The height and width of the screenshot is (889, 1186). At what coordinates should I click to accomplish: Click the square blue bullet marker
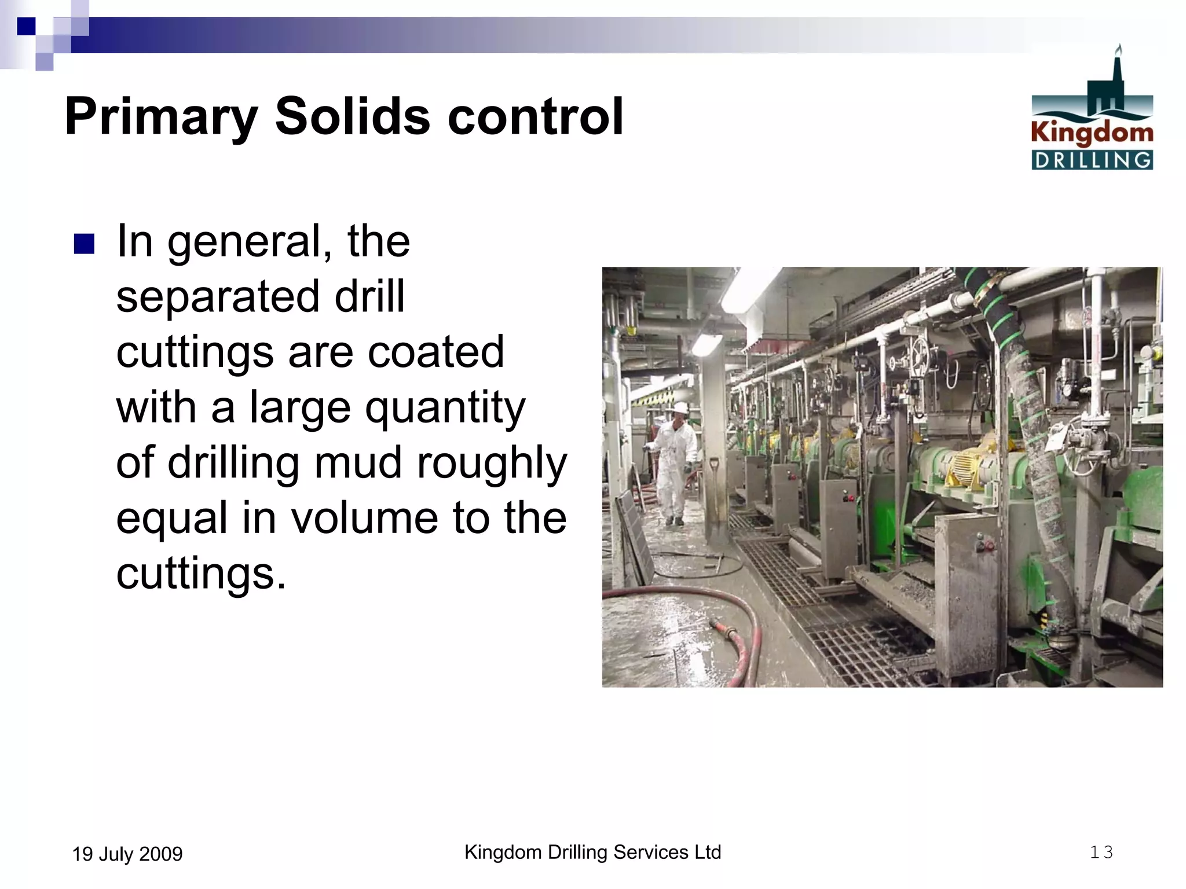[84, 244]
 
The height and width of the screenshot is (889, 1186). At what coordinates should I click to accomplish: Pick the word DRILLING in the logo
[1092, 160]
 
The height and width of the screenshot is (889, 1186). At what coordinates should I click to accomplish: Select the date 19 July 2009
[127, 854]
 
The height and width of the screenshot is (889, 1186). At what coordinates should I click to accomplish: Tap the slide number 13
[1101, 852]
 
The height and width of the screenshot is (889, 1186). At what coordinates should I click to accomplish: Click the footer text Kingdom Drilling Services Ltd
[592, 852]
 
